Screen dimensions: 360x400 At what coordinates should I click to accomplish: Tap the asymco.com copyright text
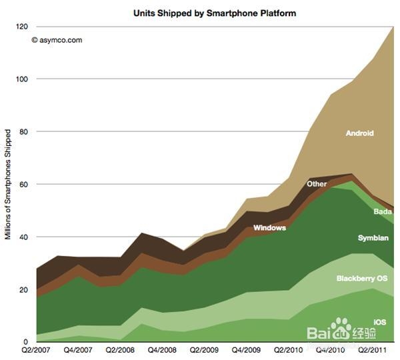coord(57,40)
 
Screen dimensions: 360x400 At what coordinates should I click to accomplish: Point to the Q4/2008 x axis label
coord(161,350)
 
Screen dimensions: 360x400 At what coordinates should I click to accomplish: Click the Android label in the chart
coord(359,133)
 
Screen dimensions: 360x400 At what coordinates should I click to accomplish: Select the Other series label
coord(317,184)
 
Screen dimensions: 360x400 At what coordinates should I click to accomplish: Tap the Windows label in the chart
coord(269,228)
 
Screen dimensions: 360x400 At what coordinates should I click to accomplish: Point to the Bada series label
coord(382,212)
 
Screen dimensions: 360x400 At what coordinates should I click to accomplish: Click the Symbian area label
coord(373,238)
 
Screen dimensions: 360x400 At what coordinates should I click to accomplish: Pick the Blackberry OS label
coord(361,278)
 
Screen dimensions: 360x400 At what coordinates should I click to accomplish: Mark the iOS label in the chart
coord(380,322)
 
